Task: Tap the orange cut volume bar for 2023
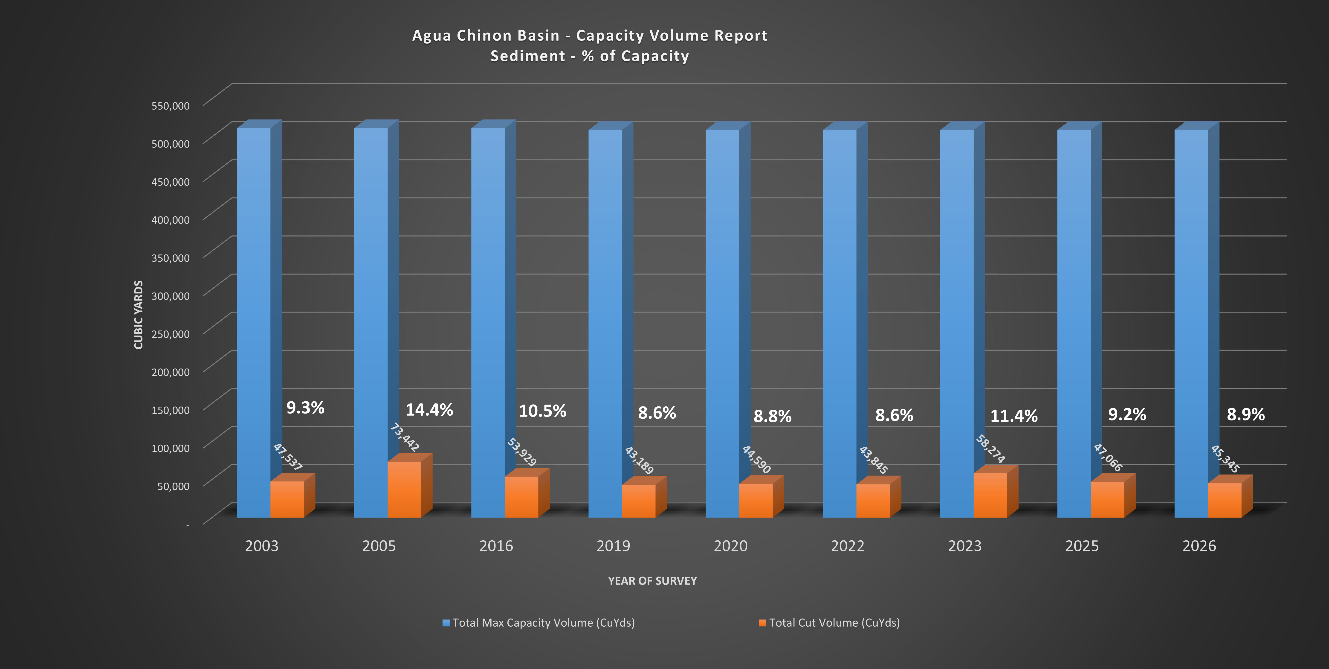click(x=990, y=495)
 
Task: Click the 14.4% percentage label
click(x=429, y=410)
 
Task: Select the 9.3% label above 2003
click(x=305, y=408)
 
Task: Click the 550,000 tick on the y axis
click(x=170, y=106)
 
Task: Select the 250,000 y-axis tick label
click(x=170, y=334)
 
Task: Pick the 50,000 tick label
click(x=173, y=486)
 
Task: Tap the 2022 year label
click(x=847, y=546)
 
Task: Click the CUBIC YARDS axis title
click(x=138, y=315)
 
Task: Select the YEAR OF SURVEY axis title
click(x=652, y=581)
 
